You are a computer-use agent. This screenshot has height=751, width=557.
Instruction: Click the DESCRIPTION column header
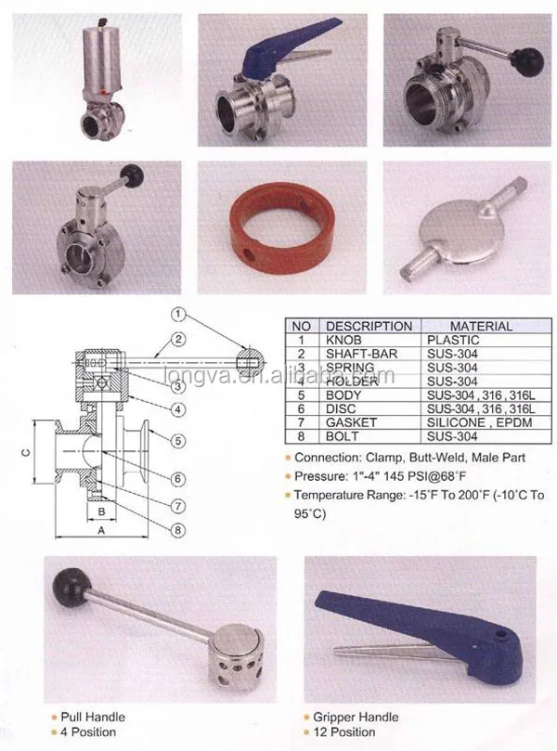pos(369,326)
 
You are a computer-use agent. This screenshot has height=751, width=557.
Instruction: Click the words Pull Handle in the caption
pos(92,717)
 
